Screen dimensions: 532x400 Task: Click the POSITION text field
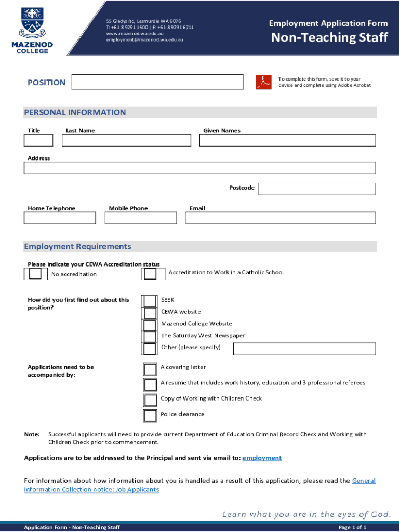tap(157, 82)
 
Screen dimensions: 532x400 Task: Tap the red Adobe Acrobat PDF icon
tap(263, 82)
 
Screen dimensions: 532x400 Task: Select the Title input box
tap(38, 140)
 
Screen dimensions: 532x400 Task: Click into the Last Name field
tap(126, 140)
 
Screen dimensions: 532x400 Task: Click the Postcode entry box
tap(316, 189)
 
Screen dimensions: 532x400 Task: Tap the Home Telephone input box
tap(60, 218)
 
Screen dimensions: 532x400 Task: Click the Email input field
tap(281, 218)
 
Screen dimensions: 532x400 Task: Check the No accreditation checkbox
tap(35, 274)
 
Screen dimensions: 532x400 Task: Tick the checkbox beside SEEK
tap(150, 301)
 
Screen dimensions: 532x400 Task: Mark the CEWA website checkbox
tap(150, 313)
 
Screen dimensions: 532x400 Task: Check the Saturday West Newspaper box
tap(150, 337)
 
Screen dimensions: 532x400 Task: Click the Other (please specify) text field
tap(304, 349)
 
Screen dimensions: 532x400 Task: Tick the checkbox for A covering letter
tap(150, 369)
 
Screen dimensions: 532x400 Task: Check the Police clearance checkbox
tap(150, 416)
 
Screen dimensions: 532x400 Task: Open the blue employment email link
tap(262, 458)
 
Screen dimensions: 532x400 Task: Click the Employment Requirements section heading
tap(77, 246)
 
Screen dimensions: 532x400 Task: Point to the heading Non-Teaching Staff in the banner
tap(330, 37)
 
